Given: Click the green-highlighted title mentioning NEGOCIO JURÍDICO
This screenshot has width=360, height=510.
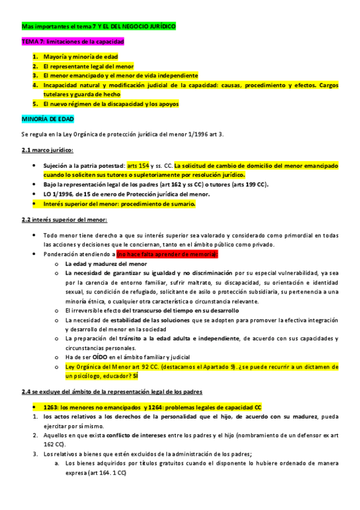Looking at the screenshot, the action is [x=99, y=27].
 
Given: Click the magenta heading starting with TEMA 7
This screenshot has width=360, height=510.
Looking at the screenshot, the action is [x=73, y=42].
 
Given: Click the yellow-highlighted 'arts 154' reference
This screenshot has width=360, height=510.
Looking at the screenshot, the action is [x=138, y=164].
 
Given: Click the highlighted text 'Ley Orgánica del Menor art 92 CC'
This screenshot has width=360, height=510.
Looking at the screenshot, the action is [x=116, y=366].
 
